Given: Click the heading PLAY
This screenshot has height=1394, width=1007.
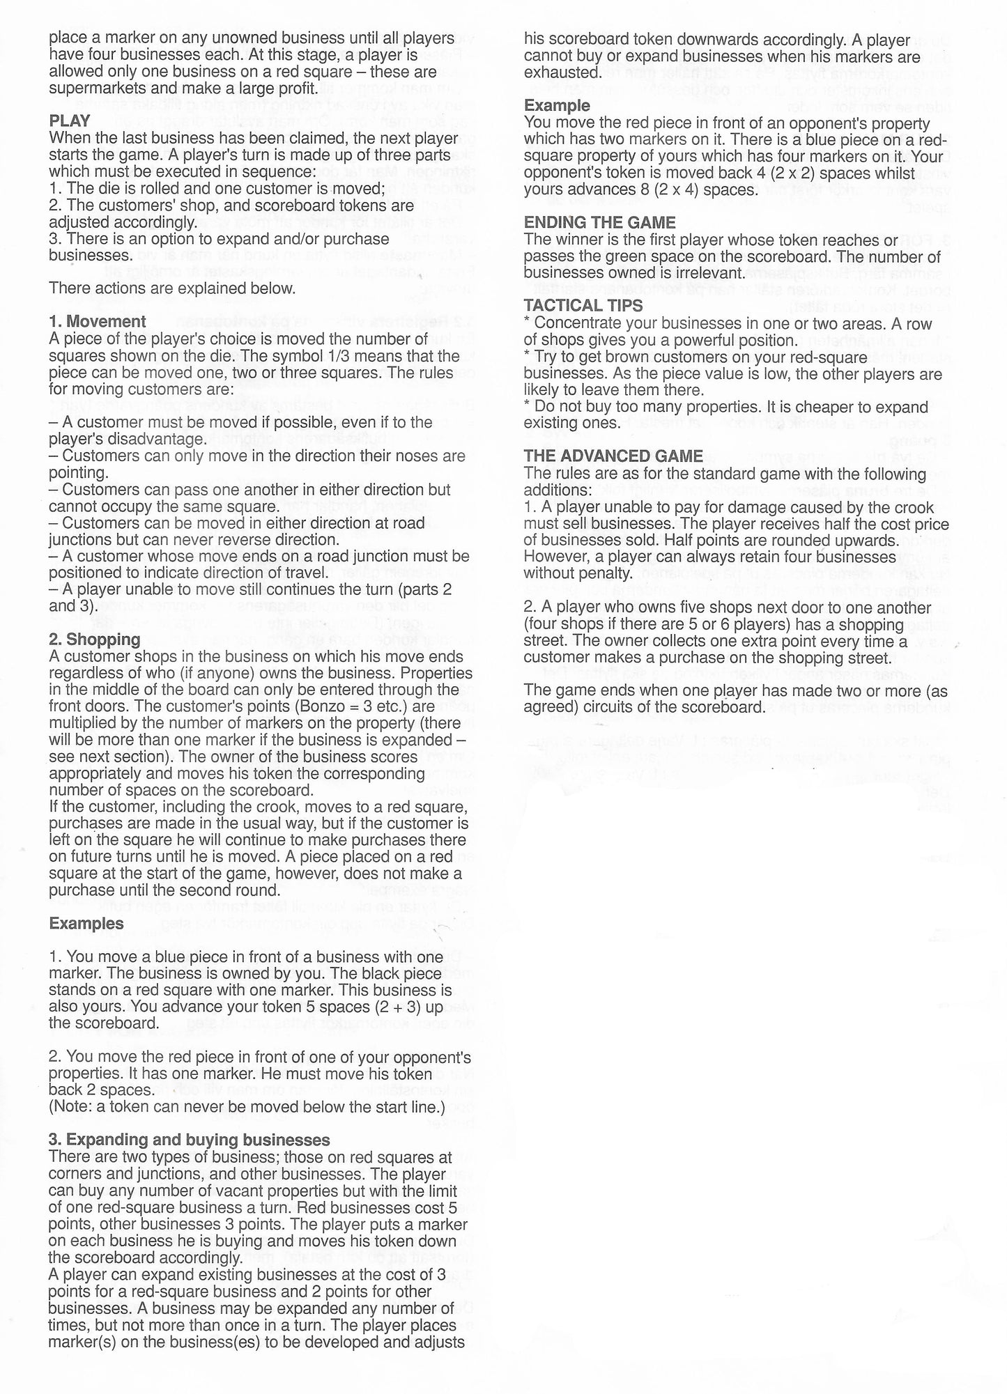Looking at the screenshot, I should (x=70, y=121).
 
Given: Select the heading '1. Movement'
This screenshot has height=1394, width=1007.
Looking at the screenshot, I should (x=98, y=321).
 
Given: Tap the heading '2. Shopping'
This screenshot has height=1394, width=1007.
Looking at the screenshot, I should (x=94, y=639).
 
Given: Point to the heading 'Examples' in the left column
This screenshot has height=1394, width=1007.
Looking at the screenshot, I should (x=86, y=923).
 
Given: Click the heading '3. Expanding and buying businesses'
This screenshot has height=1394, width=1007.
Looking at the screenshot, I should (x=189, y=1140).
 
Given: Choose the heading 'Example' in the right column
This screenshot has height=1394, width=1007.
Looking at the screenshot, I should (x=557, y=105).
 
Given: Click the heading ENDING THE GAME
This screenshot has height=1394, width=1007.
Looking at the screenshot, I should (x=599, y=222).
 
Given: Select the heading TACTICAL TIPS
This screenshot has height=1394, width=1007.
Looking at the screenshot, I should (x=583, y=305).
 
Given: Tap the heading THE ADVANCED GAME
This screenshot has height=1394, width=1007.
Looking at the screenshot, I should (x=613, y=456).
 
